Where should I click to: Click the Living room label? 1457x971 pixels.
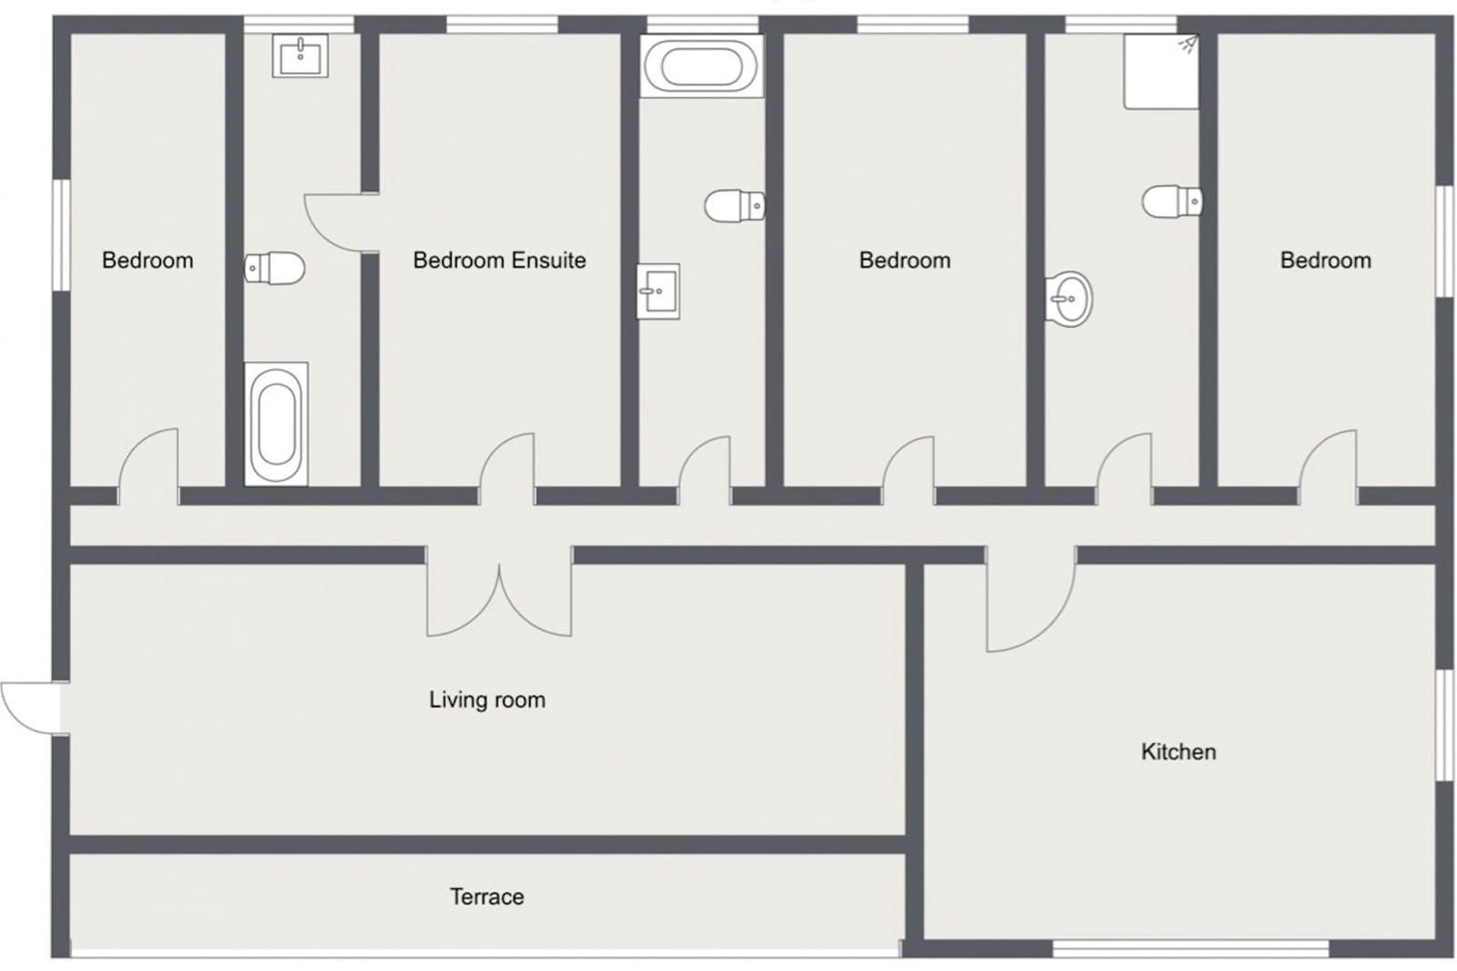coord(487,700)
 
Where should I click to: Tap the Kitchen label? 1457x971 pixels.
coord(1178,751)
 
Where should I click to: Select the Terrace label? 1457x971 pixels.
coord(487,897)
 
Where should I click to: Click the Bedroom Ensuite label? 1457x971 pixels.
coord(500,261)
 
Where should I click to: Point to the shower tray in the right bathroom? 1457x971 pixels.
coord(1162,72)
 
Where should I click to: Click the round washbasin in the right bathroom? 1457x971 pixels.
coord(1069,300)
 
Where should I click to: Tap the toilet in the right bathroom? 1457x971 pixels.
coord(1172,201)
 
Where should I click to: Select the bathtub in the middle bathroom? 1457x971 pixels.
coord(702,66)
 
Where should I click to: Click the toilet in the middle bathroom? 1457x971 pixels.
coord(735,206)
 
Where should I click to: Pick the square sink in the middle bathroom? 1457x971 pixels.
coord(658,291)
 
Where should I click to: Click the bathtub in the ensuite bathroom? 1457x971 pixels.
coord(277,424)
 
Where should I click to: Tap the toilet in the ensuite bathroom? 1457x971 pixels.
coord(274,268)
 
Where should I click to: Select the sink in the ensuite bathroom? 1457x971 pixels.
coord(301,56)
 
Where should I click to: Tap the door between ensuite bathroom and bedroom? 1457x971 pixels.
coord(341,222)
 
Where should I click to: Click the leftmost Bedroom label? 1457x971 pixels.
coord(148,261)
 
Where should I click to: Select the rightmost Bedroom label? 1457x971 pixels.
coord(1326,261)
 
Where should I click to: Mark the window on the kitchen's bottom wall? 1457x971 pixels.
coord(1190,949)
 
